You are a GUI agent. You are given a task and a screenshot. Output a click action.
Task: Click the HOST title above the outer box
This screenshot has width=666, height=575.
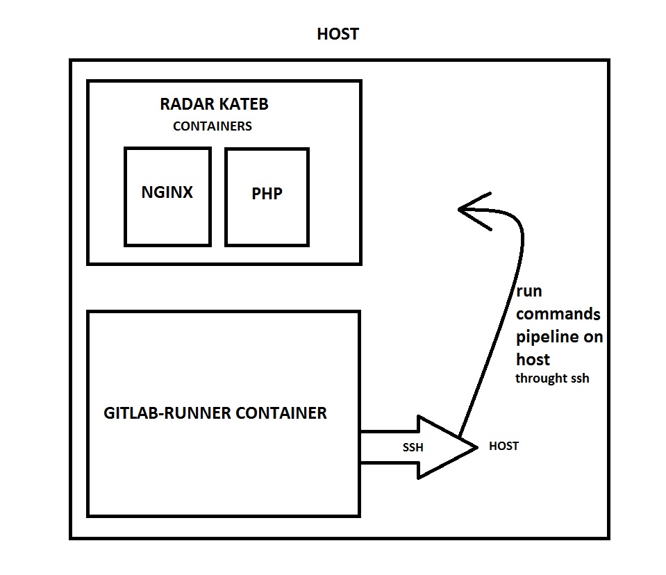(338, 34)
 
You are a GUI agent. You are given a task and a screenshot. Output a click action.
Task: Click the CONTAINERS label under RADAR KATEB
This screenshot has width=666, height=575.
(213, 126)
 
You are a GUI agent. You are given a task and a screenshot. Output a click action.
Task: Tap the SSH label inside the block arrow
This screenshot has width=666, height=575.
(413, 448)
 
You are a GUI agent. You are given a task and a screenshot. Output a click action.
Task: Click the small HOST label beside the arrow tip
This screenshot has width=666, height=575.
(503, 446)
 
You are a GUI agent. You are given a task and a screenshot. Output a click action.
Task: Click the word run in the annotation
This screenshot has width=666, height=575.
(529, 292)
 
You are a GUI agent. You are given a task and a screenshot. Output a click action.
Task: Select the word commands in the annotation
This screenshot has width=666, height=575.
(558, 314)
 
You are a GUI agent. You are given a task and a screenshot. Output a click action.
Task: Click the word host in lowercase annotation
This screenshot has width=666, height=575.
(533, 359)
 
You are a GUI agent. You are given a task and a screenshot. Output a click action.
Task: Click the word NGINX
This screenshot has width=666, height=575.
(167, 192)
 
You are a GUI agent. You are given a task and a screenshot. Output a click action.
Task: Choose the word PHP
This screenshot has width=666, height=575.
(267, 194)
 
